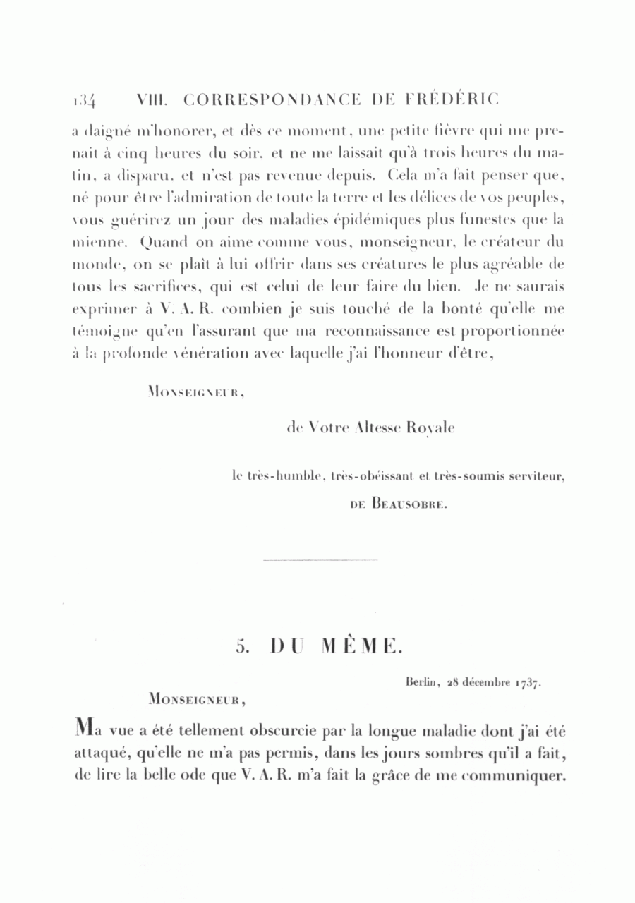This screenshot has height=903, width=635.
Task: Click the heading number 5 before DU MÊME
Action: (x=241, y=647)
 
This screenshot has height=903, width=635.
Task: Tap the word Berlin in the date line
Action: (x=423, y=682)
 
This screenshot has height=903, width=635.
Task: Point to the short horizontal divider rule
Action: (x=320, y=560)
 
